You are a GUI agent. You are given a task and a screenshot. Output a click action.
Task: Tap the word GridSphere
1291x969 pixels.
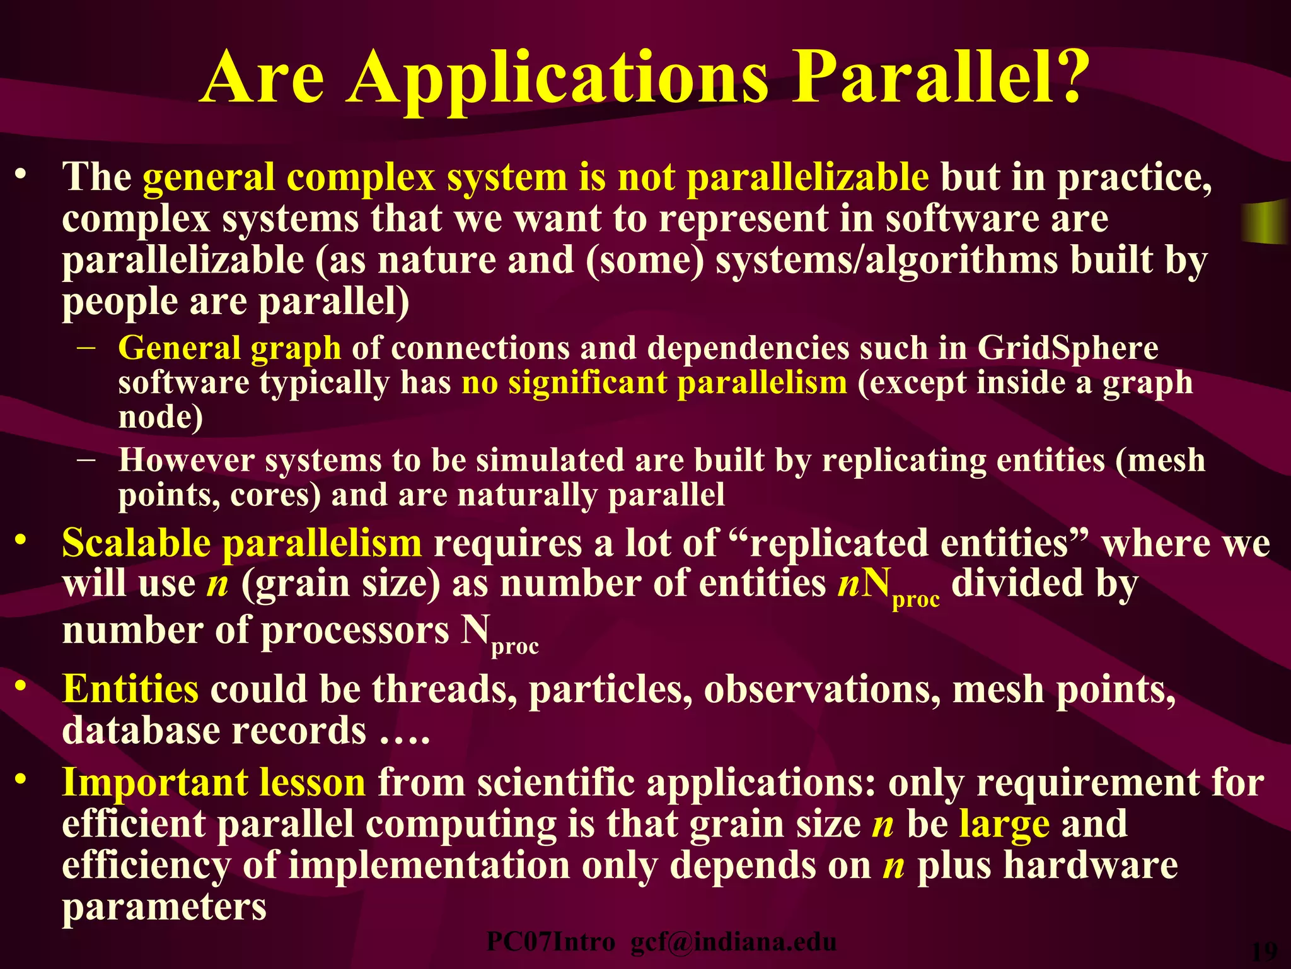(1068, 348)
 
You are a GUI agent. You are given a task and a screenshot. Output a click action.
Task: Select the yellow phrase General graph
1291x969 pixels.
(229, 348)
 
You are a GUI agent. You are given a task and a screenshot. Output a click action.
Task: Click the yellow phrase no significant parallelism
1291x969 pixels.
(654, 383)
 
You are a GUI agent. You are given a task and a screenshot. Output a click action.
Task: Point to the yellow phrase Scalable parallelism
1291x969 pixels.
(241, 543)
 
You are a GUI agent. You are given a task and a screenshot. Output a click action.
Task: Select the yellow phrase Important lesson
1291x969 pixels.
(214, 783)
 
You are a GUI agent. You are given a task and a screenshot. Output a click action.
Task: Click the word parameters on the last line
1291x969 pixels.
(164, 907)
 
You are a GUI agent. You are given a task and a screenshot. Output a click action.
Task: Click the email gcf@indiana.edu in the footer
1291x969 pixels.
(733, 943)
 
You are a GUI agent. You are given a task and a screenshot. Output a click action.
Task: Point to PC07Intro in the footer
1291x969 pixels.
(550, 943)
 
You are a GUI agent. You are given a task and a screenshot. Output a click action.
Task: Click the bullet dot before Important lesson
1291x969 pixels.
(22, 780)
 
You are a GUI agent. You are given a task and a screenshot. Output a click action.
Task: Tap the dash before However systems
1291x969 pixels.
(86, 459)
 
